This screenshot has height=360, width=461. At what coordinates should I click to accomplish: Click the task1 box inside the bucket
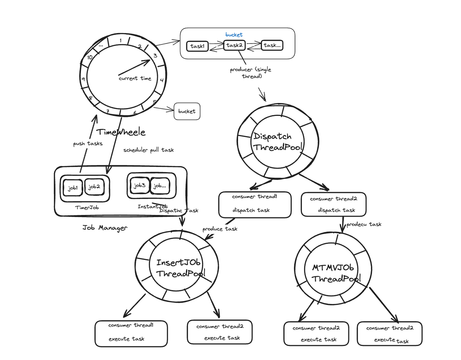click(x=197, y=46)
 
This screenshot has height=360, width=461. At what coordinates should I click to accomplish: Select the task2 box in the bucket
click(x=234, y=45)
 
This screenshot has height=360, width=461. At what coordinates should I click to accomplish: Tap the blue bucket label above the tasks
click(x=234, y=35)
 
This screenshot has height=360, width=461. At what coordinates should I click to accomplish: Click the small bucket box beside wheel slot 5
click(x=187, y=111)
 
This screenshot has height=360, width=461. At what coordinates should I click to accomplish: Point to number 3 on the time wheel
click(x=155, y=55)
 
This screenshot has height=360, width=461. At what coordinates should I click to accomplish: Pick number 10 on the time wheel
click(x=90, y=57)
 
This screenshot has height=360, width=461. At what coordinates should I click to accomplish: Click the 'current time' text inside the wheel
click(x=135, y=78)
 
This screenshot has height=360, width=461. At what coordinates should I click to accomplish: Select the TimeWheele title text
click(x=121, y=132)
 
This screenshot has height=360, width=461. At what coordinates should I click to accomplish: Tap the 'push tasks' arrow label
click(x=88, y=143)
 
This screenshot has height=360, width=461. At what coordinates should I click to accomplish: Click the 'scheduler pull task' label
click(x=148, y=150)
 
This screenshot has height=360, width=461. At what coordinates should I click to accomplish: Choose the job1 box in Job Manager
click(x=73, y=188)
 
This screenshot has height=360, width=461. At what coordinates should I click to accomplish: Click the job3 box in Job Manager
click(x=139, y=185)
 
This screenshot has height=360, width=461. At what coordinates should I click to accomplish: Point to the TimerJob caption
click(x=87, y=207)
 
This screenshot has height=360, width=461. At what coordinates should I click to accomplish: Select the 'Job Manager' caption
click(x=105, y=228)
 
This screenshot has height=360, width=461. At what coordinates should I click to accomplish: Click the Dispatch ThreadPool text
click(x=277, y=141)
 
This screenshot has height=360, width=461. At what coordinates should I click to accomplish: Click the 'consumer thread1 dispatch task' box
click(x=255, y=204)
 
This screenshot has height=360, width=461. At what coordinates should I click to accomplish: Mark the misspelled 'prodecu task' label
click(x=364, y=224)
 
